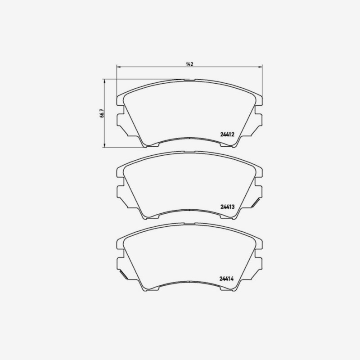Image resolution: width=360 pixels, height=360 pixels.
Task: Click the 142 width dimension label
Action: point(189,64)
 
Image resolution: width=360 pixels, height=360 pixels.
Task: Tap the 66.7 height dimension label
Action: point(102,113)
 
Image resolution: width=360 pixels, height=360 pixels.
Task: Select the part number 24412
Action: point(227,135)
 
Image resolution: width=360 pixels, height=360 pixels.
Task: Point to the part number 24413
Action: point(227,207)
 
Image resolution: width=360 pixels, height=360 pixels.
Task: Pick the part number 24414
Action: point(226,279)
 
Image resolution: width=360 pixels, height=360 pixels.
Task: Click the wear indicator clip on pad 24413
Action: point(255,203)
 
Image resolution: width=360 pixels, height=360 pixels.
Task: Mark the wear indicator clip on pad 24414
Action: point(123,274)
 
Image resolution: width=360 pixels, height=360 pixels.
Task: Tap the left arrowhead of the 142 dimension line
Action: point(118,67)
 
